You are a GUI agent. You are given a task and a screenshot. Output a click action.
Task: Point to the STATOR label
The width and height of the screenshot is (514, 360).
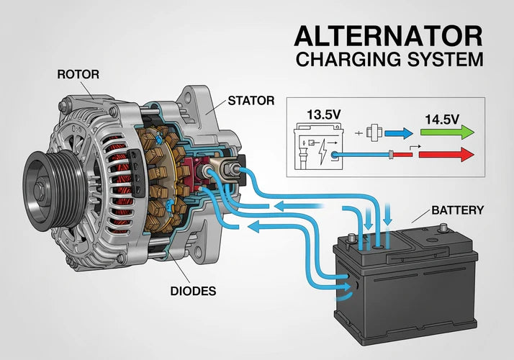[251, 101]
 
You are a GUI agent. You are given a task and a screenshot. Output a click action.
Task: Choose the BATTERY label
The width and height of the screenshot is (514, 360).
[457, 210]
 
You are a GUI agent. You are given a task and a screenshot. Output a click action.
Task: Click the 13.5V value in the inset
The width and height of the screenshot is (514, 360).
[324, 114]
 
